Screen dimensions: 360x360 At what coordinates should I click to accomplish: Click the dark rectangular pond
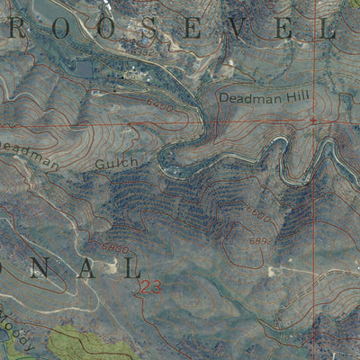pos(84,67)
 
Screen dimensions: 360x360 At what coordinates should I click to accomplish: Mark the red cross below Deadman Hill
pos(312,118)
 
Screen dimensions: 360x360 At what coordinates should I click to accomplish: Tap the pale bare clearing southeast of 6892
pos(280,270)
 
